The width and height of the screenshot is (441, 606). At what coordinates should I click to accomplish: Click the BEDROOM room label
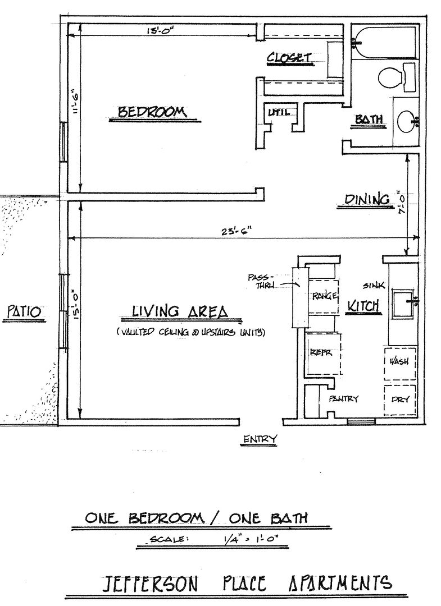[x=152, y=112]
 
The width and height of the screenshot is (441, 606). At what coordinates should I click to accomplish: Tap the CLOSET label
[x=289, y=58]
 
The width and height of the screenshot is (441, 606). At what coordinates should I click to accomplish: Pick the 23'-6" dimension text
[x=237, y=231]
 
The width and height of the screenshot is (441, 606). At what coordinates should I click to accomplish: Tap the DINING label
[x=367, y=199]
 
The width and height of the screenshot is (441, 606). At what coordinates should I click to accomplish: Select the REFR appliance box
[x=323, y=353]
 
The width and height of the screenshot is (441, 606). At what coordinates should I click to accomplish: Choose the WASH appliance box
[x=400, y=362]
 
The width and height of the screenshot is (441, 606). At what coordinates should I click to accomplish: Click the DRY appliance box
[x=400, y=400]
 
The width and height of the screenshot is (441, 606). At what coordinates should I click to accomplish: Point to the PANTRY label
[x=343, y=398]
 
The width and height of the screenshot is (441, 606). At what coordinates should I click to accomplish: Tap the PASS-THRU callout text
[x=262, y=281]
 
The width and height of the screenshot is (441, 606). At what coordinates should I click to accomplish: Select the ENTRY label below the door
[x=260, y=439]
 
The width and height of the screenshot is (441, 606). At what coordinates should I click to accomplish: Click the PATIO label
[x=24, y=311]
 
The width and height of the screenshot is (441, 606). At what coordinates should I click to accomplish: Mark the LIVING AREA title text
[x=180, y=311]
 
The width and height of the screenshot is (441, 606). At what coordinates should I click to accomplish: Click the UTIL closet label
[x=279, y=113]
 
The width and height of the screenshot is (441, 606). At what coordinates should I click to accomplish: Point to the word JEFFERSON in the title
[x=149, y=584]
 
